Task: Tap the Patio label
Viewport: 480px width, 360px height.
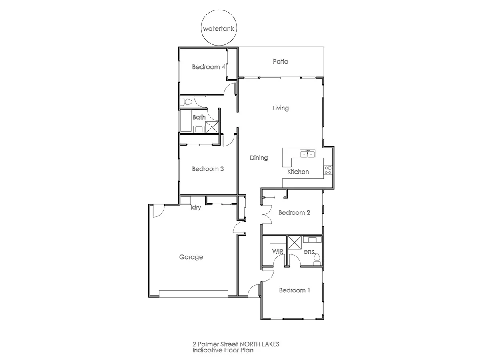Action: [280, 62]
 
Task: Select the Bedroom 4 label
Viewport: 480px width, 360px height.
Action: [208, 67]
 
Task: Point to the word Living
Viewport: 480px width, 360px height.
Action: [280, 108]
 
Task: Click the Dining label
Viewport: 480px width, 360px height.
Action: [259, 158]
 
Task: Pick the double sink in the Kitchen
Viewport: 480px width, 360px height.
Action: [308, 153]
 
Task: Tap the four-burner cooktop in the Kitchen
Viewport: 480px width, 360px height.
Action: [328, 170]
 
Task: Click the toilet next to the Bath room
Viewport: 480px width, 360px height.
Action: [185, 102]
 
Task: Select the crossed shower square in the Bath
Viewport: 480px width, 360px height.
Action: [212, 126]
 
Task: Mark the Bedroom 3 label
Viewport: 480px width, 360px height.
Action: [208, 169]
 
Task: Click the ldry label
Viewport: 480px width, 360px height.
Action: [196, 208]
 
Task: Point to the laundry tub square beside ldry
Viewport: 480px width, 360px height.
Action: [185, 200]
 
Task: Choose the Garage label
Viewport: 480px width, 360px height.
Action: [191, 257]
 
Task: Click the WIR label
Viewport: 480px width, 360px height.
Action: [278, 252]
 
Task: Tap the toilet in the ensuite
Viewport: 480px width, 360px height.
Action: [316, 260]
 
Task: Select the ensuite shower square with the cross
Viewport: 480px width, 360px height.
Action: [294, 242]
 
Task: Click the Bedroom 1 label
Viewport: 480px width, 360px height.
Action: [294, 290]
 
